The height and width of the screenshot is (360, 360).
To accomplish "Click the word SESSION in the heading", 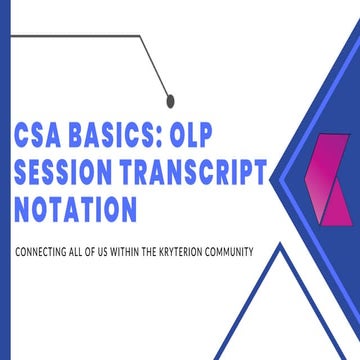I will click(x=71, y=175).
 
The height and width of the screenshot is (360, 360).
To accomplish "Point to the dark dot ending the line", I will click(x=169, y=98).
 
